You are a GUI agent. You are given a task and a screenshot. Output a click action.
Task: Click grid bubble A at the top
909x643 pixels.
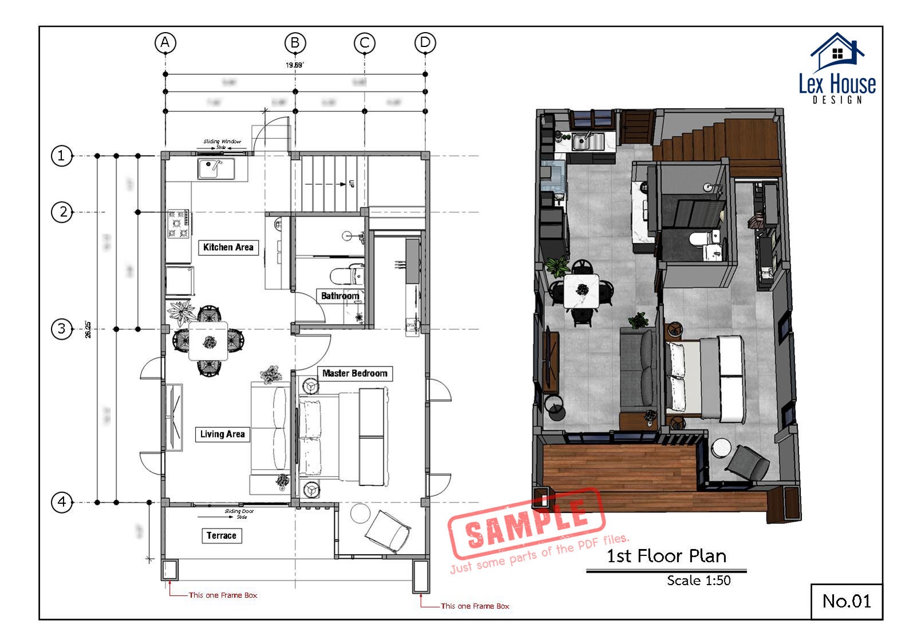tap(165, 42)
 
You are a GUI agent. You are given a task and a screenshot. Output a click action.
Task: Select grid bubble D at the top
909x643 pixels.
tap(425, 42)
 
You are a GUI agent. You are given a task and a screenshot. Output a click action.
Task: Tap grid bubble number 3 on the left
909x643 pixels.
tap(62, 329)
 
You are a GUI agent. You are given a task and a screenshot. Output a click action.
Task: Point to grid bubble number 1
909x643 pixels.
tap(62, 156)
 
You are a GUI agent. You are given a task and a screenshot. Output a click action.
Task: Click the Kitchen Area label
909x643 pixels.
tap(228, 247)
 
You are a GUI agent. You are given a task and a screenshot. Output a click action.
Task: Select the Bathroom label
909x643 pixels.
tap(340, 296)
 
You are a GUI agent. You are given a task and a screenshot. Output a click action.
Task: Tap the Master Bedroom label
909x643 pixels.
tap(355, 373)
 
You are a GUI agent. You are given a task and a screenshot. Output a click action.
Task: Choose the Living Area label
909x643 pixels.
tap(222, 434)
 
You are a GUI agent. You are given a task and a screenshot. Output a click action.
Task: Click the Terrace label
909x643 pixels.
tap(222, 535)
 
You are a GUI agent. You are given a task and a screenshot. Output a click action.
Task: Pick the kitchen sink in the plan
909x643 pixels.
tap(216, 168)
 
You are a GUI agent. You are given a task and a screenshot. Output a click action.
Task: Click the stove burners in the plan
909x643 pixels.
tap(179, 224)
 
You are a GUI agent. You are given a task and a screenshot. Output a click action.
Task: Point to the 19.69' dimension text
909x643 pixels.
tap(294, 65)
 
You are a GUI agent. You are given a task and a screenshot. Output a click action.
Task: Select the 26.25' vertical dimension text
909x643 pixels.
tap(88, 329)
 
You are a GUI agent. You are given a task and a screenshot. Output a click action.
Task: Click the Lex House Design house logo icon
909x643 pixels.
tap(837, 52)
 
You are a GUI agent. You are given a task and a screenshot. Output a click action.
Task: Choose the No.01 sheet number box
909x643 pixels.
tap(847, 601)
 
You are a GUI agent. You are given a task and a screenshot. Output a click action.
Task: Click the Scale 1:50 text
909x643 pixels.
tap(698, 581)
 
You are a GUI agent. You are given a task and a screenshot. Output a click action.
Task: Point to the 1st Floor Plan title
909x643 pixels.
tap(666, 556)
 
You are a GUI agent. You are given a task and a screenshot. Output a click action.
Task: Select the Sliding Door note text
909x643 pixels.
tap(239, 511)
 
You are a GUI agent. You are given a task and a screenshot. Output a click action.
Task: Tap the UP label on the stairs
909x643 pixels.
tap(351, 184)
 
